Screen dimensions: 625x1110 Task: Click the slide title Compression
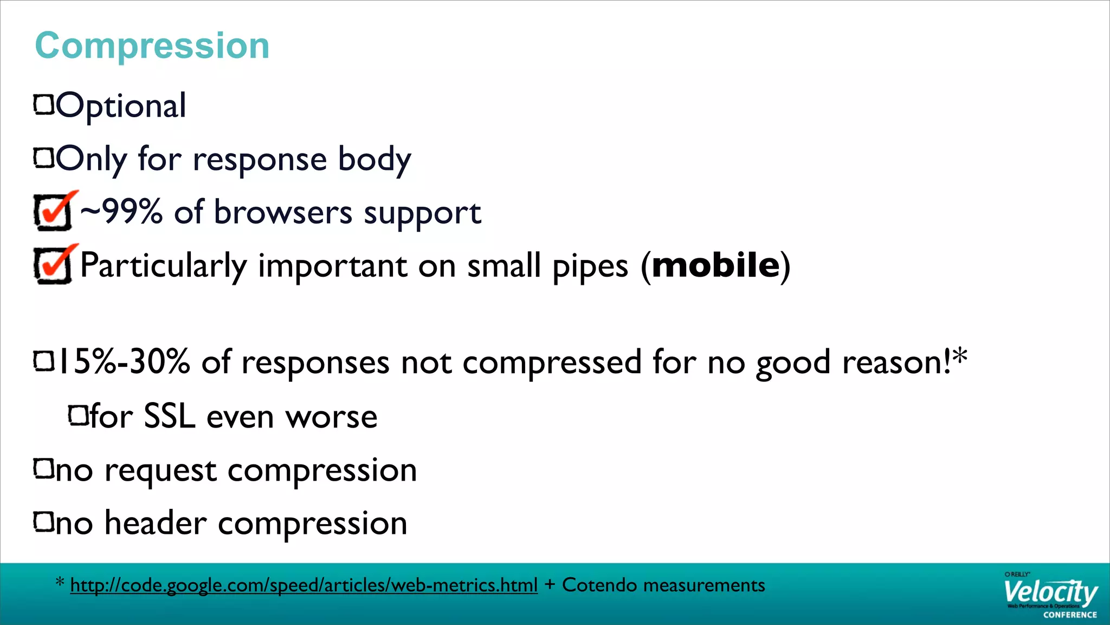152,46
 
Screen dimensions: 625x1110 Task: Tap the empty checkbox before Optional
44,104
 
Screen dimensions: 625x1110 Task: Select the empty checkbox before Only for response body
44,158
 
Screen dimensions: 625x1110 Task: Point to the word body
375,160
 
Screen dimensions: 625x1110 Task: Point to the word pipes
590,267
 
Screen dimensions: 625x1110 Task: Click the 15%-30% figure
124,362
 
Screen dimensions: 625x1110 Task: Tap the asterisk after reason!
959,356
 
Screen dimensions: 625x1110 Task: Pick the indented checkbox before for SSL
78,416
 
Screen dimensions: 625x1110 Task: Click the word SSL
169,417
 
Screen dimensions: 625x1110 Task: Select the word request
160,471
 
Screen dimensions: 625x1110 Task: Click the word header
156,524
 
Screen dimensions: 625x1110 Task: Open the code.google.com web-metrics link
304,585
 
